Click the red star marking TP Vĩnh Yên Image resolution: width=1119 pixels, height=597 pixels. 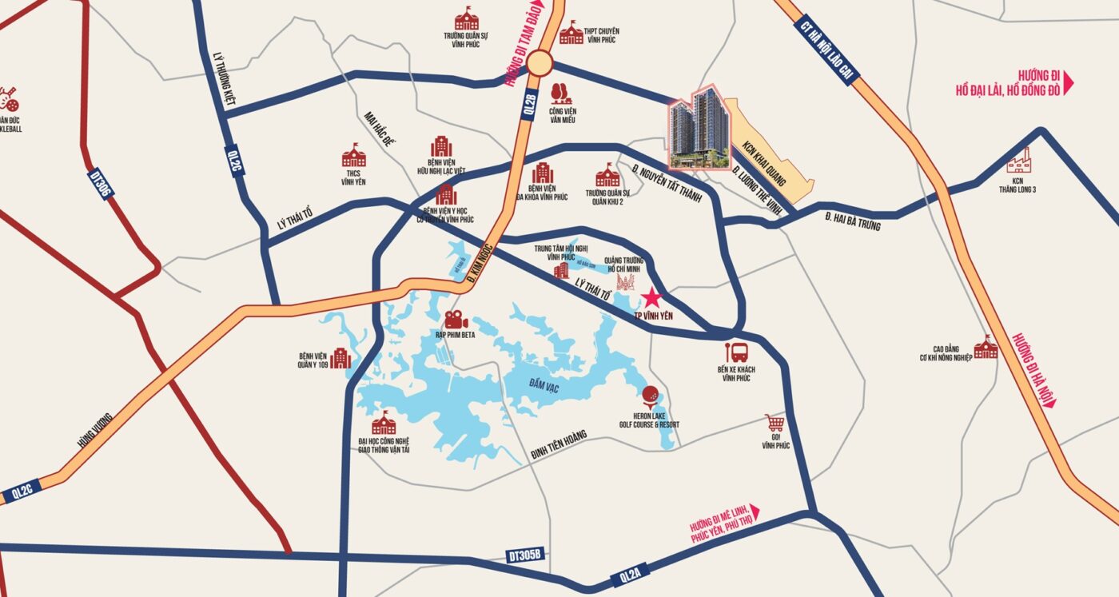pyautogui.click(x=651, y=299)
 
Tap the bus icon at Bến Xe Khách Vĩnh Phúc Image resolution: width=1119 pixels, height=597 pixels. pyautogui.click(x=736, y=352)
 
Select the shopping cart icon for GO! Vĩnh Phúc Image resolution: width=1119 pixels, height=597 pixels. pyautogui.click(x=774, y=423)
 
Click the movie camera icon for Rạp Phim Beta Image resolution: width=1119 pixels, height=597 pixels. pyautogui.click(x=456, y=320)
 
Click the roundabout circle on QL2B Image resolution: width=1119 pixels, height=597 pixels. pyautogui.click(x=540, y=62)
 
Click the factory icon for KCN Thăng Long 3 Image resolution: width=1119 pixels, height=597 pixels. pyautogui.click(x=1019, y=162)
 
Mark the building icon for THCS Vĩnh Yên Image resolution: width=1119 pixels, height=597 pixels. pyautogui.click(x=353, y=155)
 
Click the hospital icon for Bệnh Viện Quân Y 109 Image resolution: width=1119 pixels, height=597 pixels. pyautogui.click(x=341, y=358)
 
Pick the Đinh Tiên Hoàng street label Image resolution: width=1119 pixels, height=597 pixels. pyautogui.click(x=559, y=445)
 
